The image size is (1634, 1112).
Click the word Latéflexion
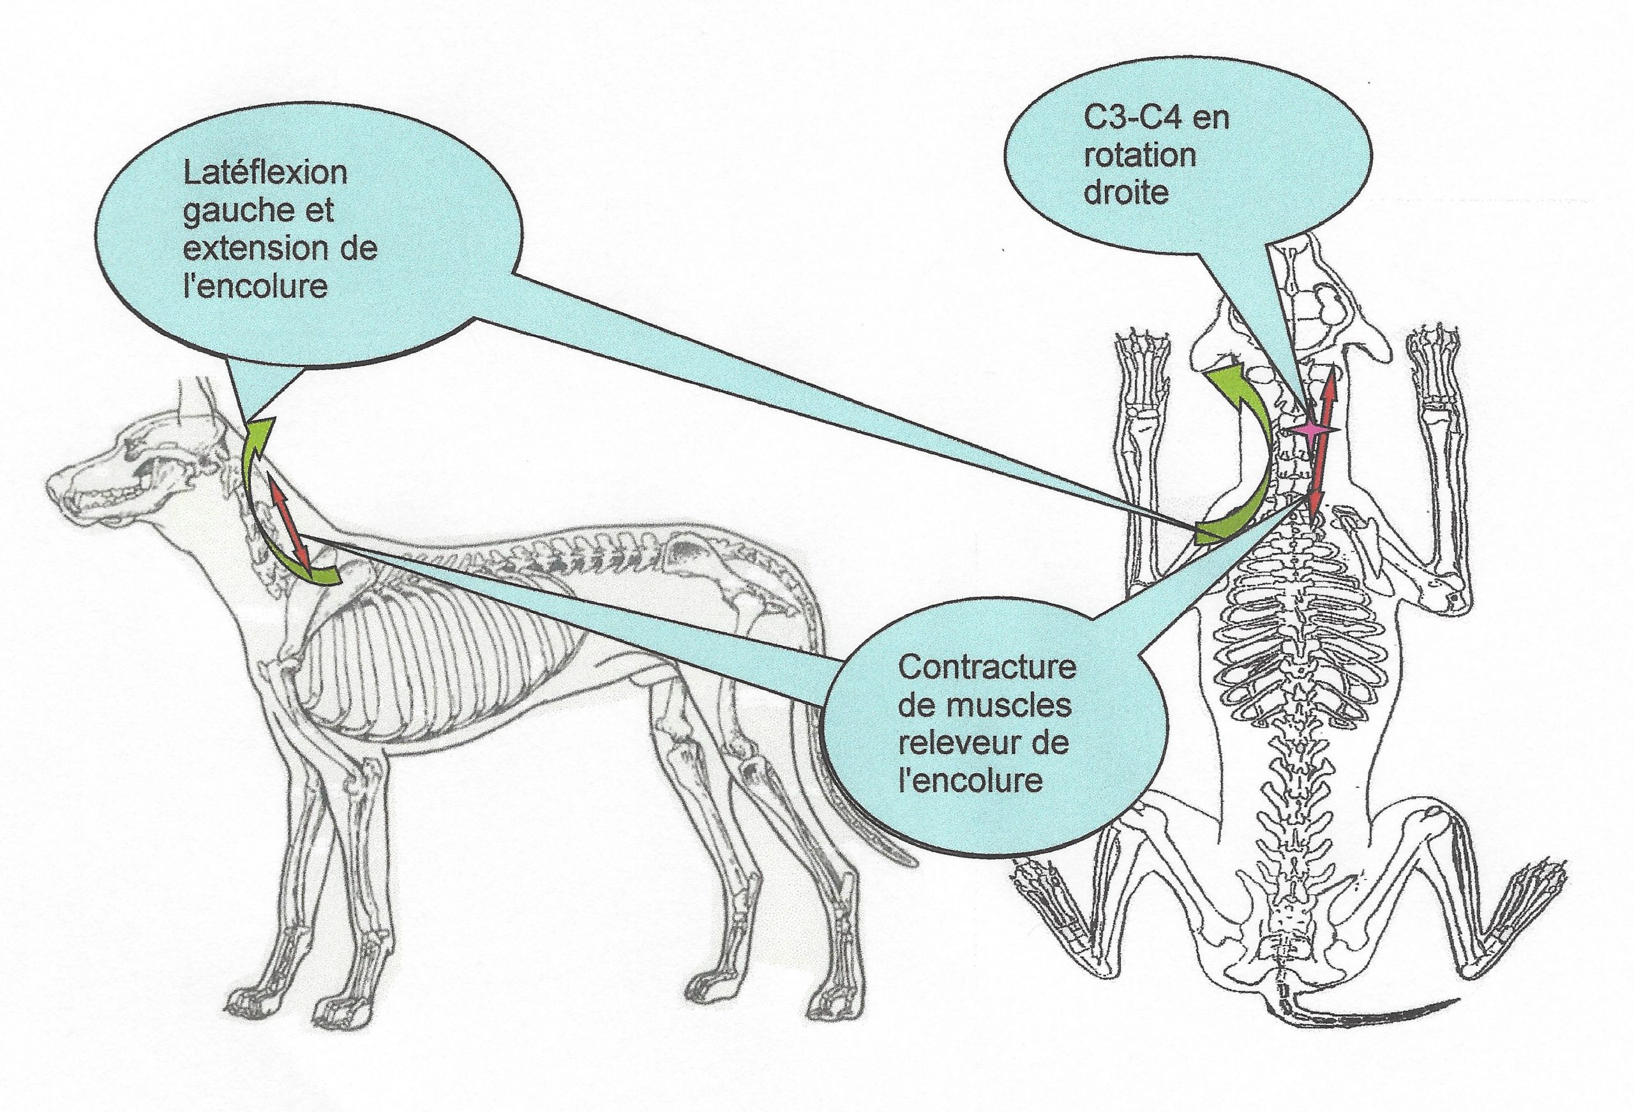[x=265, y=172]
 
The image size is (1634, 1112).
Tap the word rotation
[x=1139, y=155]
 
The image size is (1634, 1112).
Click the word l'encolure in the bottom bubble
[x=970, y=781]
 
